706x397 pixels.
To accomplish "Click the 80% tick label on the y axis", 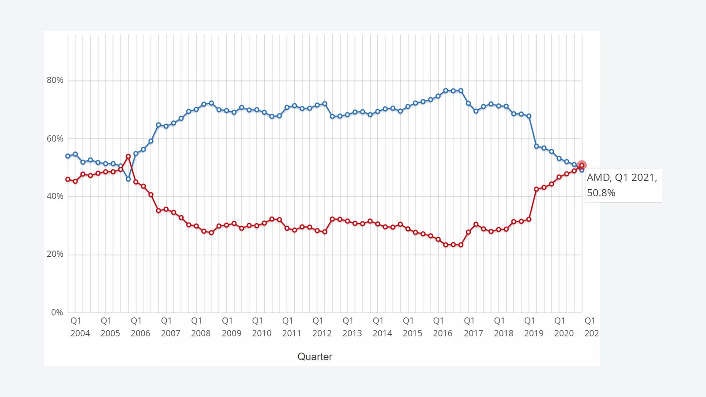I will coord(55,80).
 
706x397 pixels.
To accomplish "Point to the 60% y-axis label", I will coord(55,139).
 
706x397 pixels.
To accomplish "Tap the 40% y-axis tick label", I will coord(55,196).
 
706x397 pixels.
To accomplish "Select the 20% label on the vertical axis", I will coord(55,254).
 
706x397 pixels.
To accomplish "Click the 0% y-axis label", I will coord(57,312).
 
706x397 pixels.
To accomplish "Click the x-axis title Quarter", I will coord(315,356).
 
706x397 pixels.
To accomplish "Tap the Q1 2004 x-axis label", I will coord(80,327).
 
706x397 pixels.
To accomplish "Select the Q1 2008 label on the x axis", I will coord(200,327).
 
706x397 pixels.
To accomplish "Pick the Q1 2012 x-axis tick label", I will coord(322,327).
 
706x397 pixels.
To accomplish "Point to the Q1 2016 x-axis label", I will coord(442,327).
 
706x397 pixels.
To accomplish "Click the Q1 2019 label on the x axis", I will coord(533,327).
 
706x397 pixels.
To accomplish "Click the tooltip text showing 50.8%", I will coord(601,193).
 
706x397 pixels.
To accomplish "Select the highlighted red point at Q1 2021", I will coord(582,165).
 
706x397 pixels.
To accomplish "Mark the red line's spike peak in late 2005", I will coord(128,157).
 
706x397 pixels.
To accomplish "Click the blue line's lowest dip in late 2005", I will coord(128,179).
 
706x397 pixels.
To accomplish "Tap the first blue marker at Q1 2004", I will coord(68,156).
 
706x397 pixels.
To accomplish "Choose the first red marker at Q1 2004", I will coord(68,180).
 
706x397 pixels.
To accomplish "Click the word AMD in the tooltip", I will coord(598,177).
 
